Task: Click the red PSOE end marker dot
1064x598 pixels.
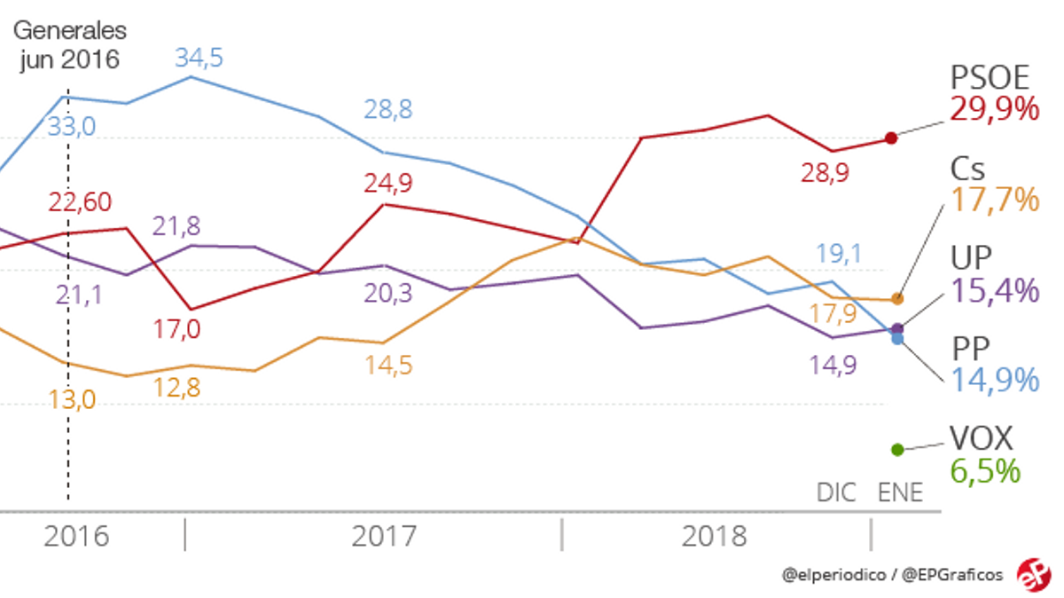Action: (892, 138)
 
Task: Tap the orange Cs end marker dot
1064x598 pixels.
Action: (897, 299)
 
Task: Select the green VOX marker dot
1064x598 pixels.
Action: (896, 450)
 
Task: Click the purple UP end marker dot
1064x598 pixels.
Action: (896, 328)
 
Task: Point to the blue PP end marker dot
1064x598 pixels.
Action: (897, 339)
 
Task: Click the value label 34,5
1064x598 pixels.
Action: (198, 59)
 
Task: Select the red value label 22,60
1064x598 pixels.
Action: (79, 202)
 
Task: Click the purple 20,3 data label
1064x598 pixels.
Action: (387, 292)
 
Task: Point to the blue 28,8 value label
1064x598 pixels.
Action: (388, 110)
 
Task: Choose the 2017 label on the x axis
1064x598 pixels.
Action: (384, 536)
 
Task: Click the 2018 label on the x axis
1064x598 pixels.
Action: (715, 536)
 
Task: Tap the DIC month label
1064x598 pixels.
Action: (836, 492)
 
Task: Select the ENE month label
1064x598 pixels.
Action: (899, 492)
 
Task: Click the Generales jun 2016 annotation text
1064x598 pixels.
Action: (69, 45)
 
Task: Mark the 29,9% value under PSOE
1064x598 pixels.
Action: (994, 110)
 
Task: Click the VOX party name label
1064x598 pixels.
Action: (981, 437)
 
